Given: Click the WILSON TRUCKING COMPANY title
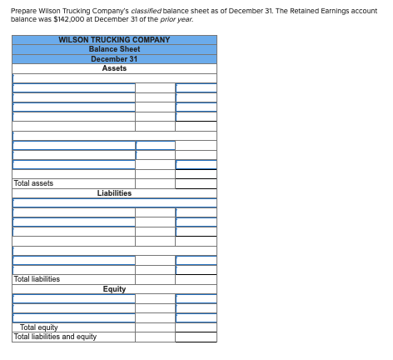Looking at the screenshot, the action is click(114, 40).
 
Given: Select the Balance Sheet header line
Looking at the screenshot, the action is click(114, 49).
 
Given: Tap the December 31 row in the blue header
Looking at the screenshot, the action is click(114, 59).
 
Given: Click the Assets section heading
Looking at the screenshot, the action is click(114, 68).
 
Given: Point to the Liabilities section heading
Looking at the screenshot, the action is click(114, 193).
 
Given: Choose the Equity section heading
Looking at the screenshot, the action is click(114, 289).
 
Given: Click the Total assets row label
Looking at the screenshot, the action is click(33, 183).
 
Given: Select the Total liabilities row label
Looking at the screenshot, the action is click(37, 279).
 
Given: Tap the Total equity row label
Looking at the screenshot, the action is click(39, 327).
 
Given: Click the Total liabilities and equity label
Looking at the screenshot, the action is click(55, 337).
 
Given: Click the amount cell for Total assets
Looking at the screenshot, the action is click(196, 183).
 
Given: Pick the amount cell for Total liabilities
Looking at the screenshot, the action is click(196, 279).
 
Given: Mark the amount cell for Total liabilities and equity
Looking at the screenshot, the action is click(196, 337).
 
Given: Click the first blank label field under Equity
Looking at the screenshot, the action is click(73, 299).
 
